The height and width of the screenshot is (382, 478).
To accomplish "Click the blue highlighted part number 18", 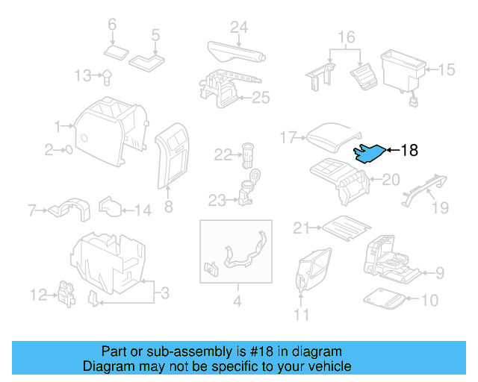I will coord(369,153).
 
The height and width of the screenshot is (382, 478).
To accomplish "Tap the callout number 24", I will coord(238,28).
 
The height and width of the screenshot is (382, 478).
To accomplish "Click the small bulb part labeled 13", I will coord(107,75).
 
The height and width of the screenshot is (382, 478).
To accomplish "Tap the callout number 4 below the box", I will coord(238,301).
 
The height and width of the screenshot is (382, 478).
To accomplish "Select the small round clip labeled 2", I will coord(69,150).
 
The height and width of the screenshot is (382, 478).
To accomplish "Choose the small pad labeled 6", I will coord(117,51).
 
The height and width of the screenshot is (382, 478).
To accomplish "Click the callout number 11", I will coord(301,315).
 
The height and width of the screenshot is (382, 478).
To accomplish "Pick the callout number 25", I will coord(260,97).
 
